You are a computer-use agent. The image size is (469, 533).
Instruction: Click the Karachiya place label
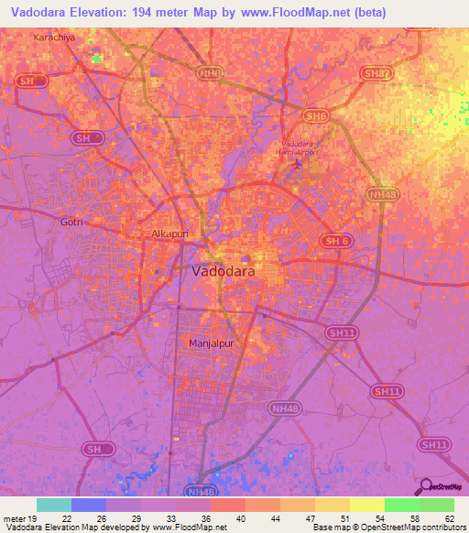pos(52,38)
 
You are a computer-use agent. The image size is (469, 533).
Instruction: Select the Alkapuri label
pos(169,234)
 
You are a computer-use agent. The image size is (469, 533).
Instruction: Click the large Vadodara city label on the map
pos(224,272)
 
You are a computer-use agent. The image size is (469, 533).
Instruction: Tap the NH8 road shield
pos(210,71)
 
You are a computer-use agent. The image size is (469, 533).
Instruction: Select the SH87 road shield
pos(376,74)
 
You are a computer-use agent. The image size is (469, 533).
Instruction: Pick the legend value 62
pos(449,518)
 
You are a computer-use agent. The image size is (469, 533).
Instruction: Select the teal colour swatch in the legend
pos(53,505)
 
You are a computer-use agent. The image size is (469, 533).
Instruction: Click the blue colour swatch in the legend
pos(88,505)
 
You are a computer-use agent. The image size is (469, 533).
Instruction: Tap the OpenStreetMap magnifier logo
pos(424,487)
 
